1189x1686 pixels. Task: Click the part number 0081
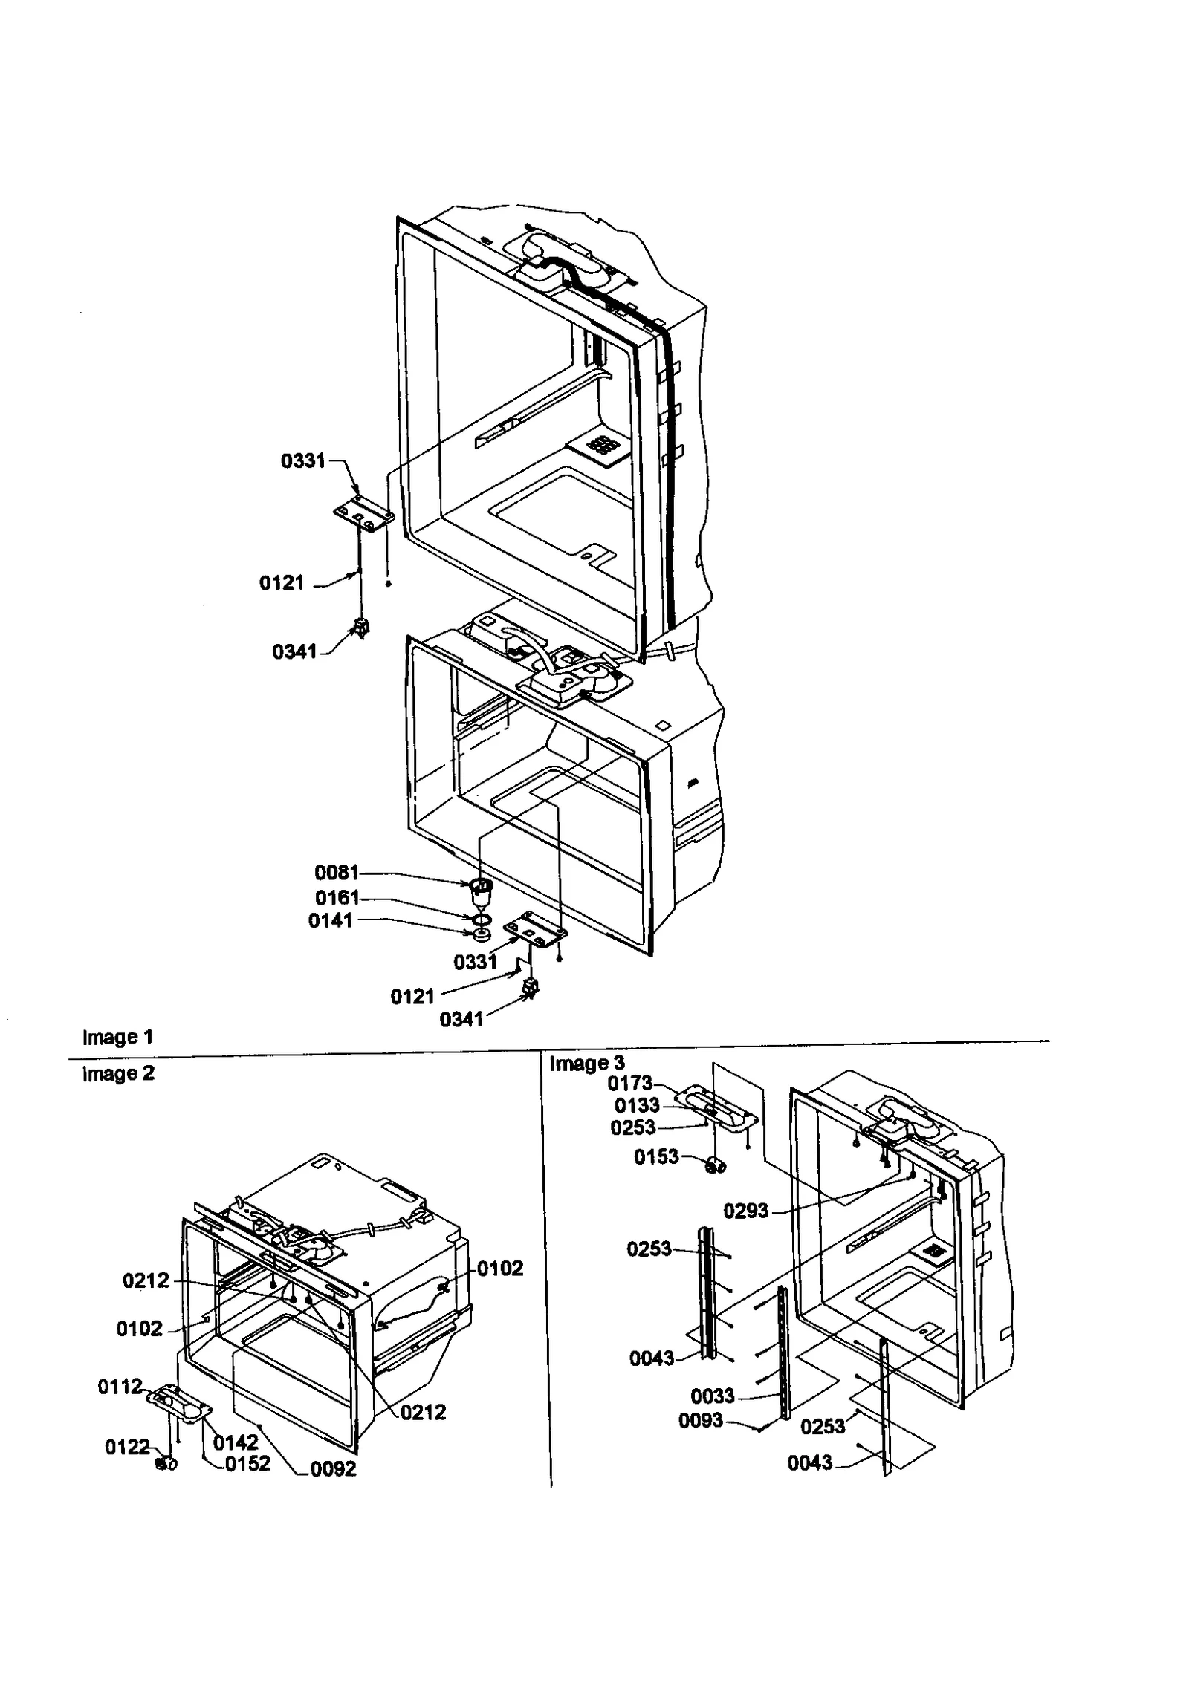pos(336,872)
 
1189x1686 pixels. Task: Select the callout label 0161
pos(337,896)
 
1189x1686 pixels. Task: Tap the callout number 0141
pos(330,921)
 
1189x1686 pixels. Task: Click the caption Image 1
pos(117,1037)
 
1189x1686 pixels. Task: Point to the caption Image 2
pos(117,1073)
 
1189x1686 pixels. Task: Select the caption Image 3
pos(587,1064)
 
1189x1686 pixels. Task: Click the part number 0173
pos(629,1084)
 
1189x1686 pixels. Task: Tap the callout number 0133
pos(637,1105)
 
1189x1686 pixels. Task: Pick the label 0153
pos(656,1157)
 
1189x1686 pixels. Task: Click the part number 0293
pos(746,1211)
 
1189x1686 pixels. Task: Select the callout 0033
pos(713,1396)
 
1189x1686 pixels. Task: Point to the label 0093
pos(700,1420)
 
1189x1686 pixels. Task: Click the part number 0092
pos(334,1468)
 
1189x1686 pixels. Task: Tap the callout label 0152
pos(247,1463)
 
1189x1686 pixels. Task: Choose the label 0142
pos(236,1442)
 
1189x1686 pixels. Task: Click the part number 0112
pos(120,1387)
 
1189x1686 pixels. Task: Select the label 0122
pos(127,1447)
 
